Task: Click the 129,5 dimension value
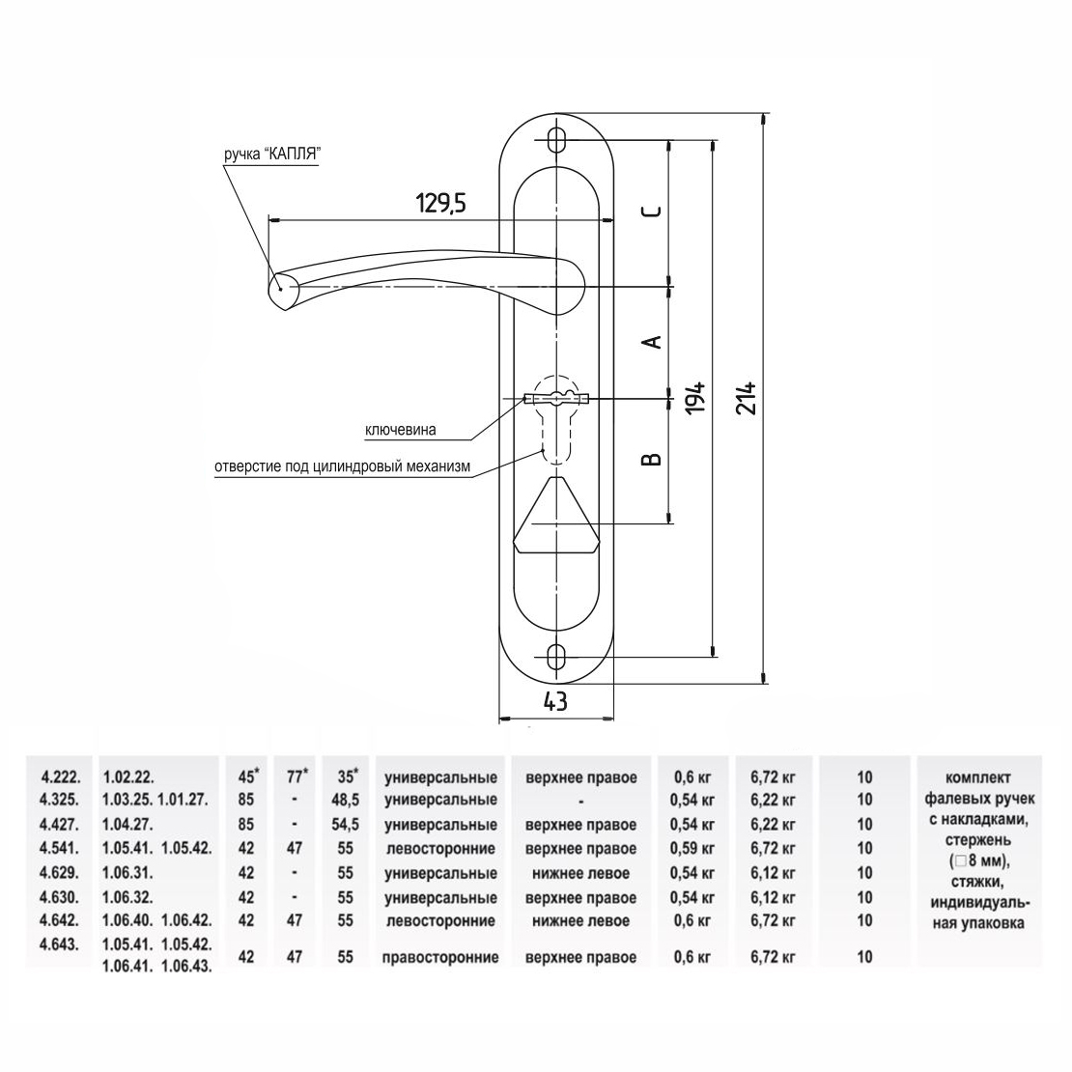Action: [x=441, y=203]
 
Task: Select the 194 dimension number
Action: [x=695, y=397]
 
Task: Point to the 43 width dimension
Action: [x=555, y=700]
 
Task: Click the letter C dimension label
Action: [x=654, y=211]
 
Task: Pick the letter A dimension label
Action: [x=654, y=340]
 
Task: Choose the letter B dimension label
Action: [x=654, y=459]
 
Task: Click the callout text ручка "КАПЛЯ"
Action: [x=272, y=155]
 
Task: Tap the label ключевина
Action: [x=401, y=430]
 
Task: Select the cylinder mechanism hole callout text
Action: [x=343, y=467]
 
